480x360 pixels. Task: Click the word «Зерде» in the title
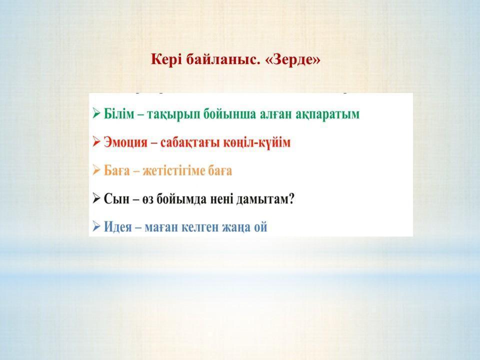(x=293, y=59)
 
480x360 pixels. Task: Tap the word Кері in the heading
(x=166, y=60)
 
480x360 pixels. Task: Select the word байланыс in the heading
(x=221, y=59)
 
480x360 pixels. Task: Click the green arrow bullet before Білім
(x=96, y=113)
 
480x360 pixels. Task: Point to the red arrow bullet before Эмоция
(x=96, y=142)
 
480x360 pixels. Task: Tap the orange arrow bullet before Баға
(x=96, y=170)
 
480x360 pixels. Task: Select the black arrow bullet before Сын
(x=96, y=198)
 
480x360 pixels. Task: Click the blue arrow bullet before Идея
(x=96, y=227)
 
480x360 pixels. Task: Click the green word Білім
(x=119, y=113)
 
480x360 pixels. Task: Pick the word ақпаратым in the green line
(x=327, y=114)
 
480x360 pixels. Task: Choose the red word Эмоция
(x=125, y=142)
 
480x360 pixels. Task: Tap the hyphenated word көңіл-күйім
(x=256, y=142)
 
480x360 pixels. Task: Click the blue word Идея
(x=117, y=227)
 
